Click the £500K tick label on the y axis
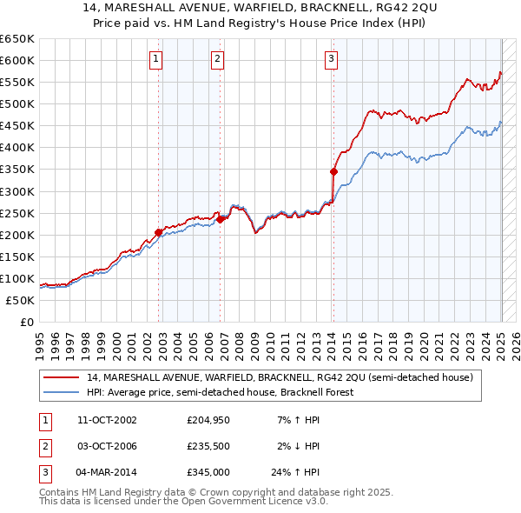[16, 103]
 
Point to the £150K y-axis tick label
[16, 256]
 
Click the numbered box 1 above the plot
[155, 59]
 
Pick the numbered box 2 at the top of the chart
[216, 59]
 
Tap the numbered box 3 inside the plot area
[332, 59]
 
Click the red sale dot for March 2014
[333, 171]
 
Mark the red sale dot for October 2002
[159, 232]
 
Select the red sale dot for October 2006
[221, 219]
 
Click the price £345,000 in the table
[208, 474]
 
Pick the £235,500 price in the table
[208, 447]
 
